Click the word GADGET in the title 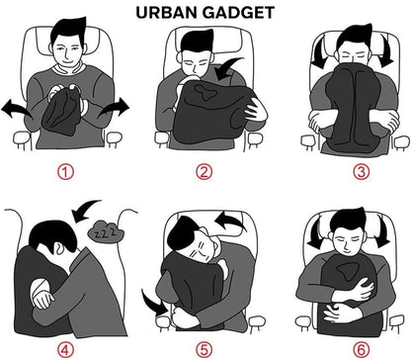[239, 13]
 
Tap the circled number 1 [65, 171]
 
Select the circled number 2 [205, 171]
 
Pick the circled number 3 [362, 171]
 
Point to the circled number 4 [65, 350]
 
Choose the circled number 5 [205, 350]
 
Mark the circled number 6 [362, 350]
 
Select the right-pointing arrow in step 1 [116, 107]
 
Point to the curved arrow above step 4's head [86, 210]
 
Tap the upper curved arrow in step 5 [230, 221]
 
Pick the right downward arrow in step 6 [382, 232]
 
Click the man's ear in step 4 [58, 248]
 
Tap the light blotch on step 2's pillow [205, 92]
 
